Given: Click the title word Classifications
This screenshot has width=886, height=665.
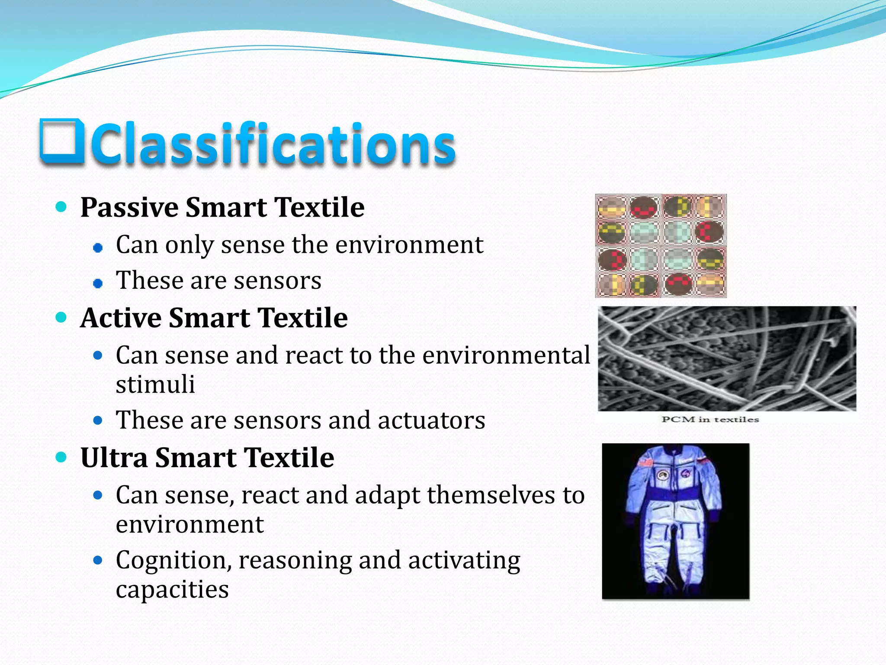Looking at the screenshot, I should pos(273,144).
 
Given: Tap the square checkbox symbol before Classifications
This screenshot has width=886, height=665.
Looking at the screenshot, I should pos(61,142).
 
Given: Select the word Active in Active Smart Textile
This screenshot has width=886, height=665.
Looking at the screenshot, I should pos(121,318).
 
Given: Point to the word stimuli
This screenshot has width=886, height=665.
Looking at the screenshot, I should pos(155,384).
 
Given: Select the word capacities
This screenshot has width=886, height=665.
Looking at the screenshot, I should pos(172,590).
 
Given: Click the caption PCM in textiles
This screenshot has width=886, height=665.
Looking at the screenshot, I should pos(710,419).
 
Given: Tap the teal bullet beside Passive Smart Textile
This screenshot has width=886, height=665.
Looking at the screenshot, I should pos(61,207).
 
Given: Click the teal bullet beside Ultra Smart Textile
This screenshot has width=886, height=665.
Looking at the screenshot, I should pos(61,457).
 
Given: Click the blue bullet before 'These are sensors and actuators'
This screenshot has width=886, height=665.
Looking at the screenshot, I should pos(98,420).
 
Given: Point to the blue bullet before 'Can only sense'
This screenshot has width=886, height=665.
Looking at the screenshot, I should pos(98,248).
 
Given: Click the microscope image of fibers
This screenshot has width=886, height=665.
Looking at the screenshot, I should pos(727,358).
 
